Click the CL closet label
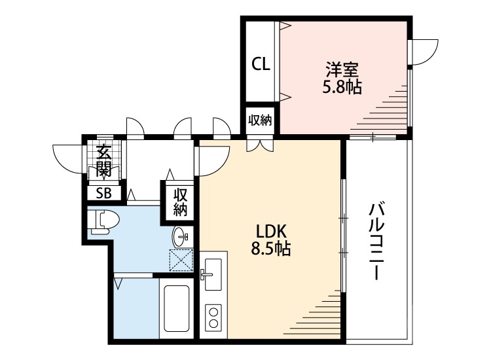[x=261, y=64]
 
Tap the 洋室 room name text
[x=342, y=69]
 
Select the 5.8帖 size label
[x=342, y=86]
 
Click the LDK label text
[x=268, y=230]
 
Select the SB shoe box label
[x=104, y=192]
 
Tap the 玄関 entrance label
[x=103, y=161]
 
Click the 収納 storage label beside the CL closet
[x=260, y=120]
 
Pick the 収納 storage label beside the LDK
[x=180, y=202]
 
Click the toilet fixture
[x=101, y=221]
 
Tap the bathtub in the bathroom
[x=177, y=309]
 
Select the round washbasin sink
[x=180, y=236]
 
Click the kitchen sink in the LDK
[x=212, y=270]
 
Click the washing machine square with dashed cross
[x=181, y=259]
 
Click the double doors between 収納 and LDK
[x=260, y=145]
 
